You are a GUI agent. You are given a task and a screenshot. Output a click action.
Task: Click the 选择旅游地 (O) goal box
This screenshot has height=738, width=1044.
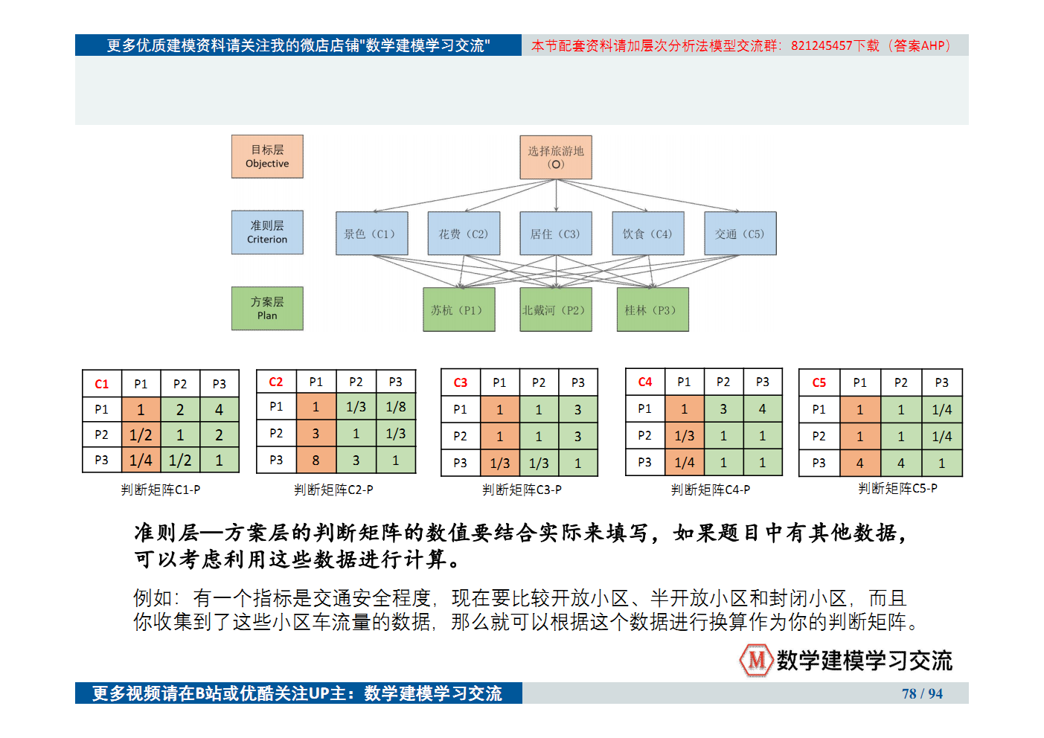tap(555, 158)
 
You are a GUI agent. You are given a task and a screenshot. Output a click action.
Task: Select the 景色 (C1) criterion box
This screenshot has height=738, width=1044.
tap(371, 234)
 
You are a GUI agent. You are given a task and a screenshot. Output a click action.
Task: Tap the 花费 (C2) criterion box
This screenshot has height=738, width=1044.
tap(464, 234)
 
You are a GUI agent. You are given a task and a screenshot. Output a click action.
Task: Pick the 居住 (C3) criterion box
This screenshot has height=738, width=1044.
tap(556, 234)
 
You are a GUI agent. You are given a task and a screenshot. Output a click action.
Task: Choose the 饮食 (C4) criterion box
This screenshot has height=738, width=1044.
tap(648, 234)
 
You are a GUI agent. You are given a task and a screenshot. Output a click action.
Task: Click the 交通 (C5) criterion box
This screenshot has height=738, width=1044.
tap(740, 234)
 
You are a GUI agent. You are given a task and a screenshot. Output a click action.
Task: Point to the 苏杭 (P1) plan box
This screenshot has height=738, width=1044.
tap(458, 309)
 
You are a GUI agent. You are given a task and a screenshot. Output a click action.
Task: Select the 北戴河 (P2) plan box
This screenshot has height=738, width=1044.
tap(555, 309)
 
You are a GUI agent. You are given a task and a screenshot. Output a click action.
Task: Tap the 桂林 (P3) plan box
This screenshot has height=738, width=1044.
tap(652, 309)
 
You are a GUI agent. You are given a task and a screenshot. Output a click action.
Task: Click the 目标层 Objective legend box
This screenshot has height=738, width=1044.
tap(267, 156)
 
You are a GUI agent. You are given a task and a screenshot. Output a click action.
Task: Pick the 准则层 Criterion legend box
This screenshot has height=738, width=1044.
tap(267, 232)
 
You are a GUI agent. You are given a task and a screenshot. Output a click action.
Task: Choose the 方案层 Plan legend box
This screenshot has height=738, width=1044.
tap(267, 308)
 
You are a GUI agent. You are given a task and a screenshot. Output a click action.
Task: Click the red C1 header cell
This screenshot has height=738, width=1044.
tap(102, 384)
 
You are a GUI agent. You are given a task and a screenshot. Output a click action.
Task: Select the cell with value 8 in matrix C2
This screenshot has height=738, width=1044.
tap(316, 461)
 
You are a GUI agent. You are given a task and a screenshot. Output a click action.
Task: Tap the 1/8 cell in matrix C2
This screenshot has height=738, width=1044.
tap(396, 407)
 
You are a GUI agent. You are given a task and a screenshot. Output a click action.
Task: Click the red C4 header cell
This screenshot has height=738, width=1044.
tap(645, 382)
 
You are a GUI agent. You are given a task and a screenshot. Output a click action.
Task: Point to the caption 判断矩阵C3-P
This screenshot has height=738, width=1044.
tap(522, 490)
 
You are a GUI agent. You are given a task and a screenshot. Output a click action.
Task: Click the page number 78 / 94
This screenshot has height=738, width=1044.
tap(922, 693)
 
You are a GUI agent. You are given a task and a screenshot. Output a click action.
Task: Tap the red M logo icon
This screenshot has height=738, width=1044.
tap(756, 660)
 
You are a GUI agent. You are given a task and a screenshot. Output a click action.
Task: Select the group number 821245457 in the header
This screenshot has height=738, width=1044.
tap(822, 45)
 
